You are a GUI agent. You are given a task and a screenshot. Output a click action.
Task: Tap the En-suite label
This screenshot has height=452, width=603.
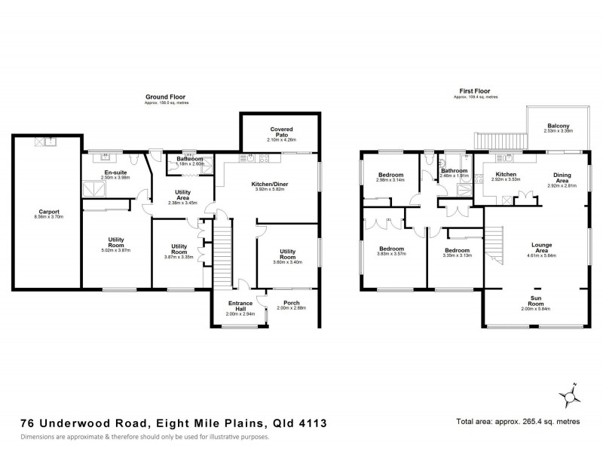[115, 173]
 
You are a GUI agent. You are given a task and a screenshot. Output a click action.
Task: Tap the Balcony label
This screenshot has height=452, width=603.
[558, 126]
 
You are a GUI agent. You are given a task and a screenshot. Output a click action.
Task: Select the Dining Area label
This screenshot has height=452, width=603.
[562, 178]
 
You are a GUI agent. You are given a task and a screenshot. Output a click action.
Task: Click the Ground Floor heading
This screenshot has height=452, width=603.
[166, 97]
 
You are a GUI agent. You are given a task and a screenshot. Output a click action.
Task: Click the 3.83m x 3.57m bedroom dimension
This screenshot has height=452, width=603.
[392, 254]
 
